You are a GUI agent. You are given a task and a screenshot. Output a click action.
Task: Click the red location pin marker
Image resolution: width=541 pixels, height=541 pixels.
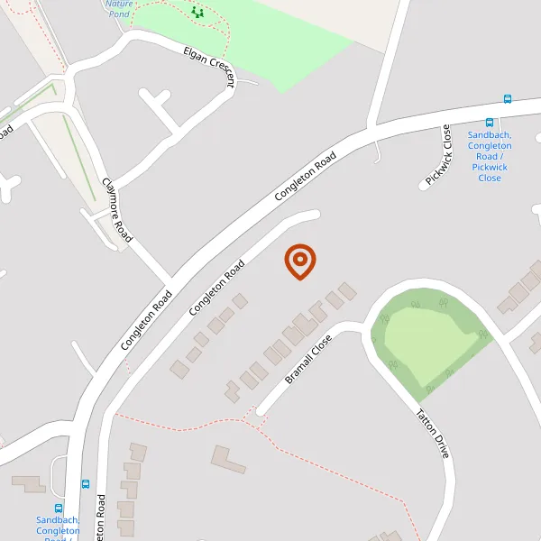click(x=299, y=261)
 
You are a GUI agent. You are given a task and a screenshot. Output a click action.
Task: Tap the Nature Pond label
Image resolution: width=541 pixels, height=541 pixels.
click(x=118, y=8)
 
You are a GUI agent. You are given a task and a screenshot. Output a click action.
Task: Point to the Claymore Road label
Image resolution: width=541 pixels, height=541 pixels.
click(x=117, y=209)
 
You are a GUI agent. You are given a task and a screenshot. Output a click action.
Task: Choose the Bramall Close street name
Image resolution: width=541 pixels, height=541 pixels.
click(x=308, y=360)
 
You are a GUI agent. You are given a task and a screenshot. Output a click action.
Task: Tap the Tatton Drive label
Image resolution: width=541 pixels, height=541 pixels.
click(x=432, y=434)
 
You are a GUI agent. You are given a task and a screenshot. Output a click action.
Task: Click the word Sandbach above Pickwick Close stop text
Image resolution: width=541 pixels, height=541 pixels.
click(x=490, y=135)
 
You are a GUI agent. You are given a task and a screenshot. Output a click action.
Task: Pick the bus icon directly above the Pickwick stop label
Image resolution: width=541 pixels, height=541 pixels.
click(x=490, y=123)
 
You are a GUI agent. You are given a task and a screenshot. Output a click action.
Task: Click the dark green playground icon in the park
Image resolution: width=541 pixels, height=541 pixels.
click(x=197, y=13)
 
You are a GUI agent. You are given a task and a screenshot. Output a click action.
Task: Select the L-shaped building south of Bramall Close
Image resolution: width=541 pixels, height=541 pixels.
click(x=228, y=460)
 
